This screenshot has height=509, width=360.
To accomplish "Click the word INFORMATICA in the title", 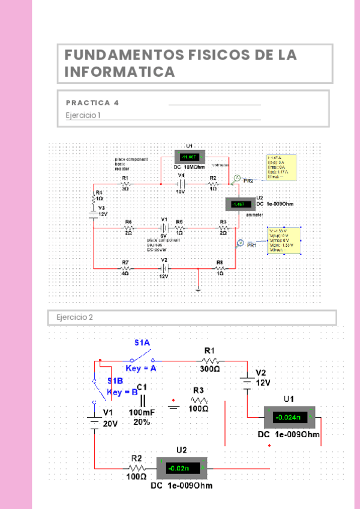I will pyautogui.click(x=119, y=72).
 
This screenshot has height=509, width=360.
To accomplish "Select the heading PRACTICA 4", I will pyautogui.click(x=92, y=103).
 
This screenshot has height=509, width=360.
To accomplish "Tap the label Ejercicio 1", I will pyautogui.click(x=83, y=115).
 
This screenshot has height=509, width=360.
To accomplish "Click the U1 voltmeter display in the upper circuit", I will pyautogui.click(x=190, y=157).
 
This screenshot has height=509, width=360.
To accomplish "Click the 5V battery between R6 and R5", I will pyautogui.click(x=163, y=228).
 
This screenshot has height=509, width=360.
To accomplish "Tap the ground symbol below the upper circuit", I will pyautogui.click(x=198, y=290).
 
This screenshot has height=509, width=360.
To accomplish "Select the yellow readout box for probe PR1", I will pyautogui.click(x=283, y=241).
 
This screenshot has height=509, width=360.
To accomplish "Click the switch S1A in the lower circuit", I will pyautogui.click(x=140, y=360).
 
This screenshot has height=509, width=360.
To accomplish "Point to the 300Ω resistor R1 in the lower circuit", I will pyautogui.click(x=209, y=361).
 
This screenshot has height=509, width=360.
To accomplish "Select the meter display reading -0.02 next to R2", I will pyautogui.click(x=181, y=467).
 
